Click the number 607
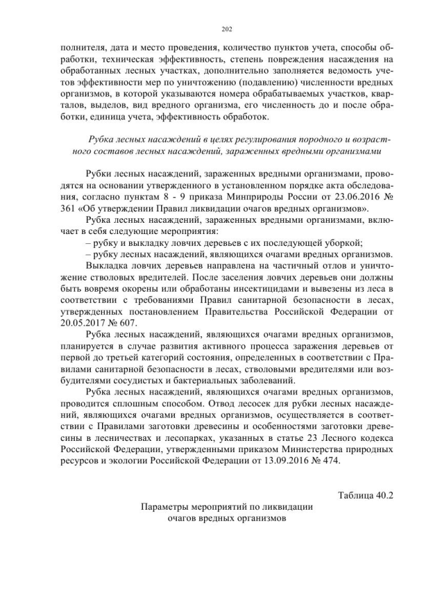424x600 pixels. [x=126, y=323]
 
